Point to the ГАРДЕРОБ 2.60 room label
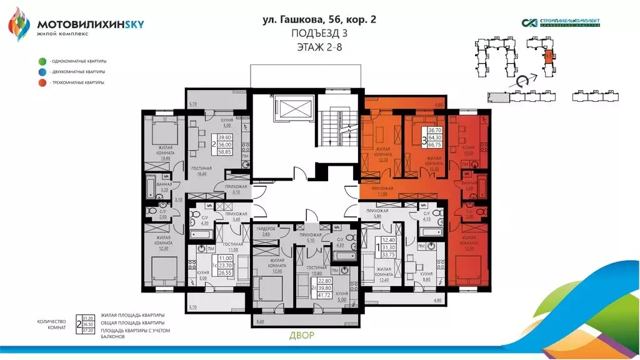coord(266,231)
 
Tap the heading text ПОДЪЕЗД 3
coord(320,33)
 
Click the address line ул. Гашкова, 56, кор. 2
coord(319,20)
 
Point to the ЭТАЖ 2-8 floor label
coord(320,46)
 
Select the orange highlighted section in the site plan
coord(549,56)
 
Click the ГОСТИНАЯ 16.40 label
coord(201,171)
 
